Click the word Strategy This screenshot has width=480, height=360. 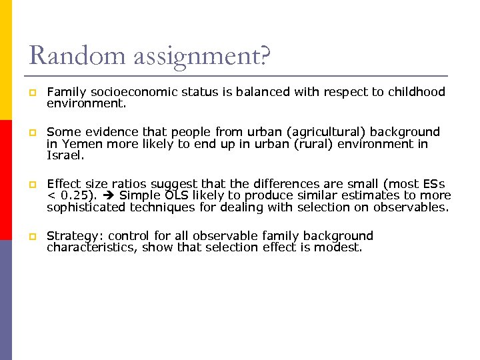click(x=74, y=236)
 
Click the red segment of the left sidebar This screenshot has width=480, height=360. click(x=6, y=180)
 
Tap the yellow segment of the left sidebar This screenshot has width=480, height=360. click(x=6, y=60)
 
